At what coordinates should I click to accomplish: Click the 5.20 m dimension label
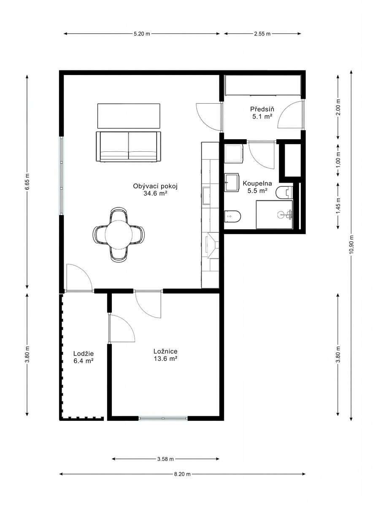142,34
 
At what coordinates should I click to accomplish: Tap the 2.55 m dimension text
262,34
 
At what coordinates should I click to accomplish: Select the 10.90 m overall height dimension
351,244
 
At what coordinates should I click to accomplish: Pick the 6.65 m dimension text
27,182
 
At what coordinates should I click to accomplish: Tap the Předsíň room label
262,109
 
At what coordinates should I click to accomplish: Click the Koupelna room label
257,183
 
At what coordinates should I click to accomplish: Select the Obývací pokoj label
155,186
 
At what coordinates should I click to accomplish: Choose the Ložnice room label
166,351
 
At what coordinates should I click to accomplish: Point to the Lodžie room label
84,354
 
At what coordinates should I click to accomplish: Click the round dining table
119,234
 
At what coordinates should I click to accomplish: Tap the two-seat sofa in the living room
128,146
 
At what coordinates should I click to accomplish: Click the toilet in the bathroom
233,216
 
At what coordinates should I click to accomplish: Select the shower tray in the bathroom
275,215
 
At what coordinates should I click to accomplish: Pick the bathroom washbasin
232,182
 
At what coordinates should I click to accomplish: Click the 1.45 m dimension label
338,205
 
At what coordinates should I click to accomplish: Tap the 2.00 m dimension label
338,107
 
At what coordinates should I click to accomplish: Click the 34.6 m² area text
155,194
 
